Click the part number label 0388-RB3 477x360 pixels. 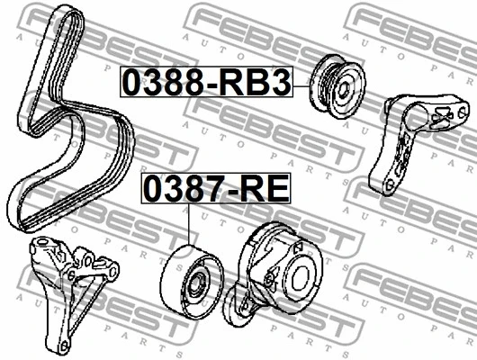click(207, 82)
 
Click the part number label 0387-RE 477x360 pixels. click(216, 188)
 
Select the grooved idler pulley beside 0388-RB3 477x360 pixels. click(337, 86)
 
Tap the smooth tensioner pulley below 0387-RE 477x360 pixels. click(192, 281)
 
